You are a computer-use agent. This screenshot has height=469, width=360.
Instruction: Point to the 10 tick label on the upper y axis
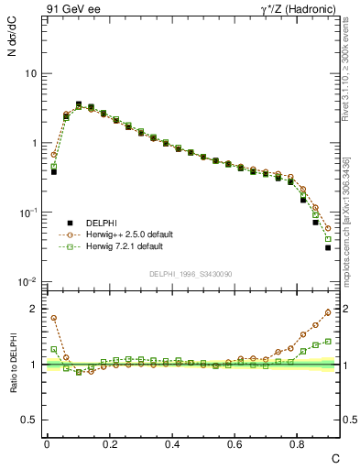(29, 73)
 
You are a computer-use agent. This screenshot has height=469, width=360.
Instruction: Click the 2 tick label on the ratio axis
(34, 309)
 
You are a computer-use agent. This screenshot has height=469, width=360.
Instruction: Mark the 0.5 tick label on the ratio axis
(29, 420)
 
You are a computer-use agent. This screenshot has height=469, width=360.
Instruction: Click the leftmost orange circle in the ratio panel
(54, 318)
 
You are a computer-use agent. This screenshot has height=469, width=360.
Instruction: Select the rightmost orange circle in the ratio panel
(328, 311)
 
